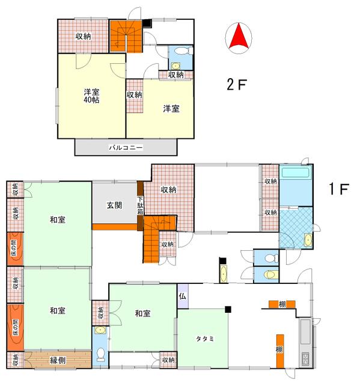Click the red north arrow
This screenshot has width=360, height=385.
pyautogui.click(x=239, y=37)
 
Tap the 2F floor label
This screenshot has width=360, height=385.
pyautogui.click(x=236, y=85)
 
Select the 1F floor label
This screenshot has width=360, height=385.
pyautogui.click(x=339, y=189)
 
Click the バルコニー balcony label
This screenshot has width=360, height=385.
pyautogui.click(x=126, y=147)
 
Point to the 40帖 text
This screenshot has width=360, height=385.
pyautogui.click(x=91, y=100)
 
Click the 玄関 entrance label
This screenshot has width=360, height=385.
pyautogui.click(x=114, y=205)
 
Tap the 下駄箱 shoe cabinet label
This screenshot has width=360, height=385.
pyautogui.click(x=140, y=205)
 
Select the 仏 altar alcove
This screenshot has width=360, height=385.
pyautogui.click(x=183, y=296)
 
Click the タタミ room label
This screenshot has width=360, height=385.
pyautogui.click(x=205, y=339)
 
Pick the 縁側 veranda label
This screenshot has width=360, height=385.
pyautogui.click(x=58, y=360)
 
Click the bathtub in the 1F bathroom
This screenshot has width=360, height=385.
pyautogui.click(x=295, y=173)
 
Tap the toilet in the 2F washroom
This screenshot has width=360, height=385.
pyautogui.click(x=183, y=51)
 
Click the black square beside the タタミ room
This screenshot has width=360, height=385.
pyautogui.click(x=228, y=310)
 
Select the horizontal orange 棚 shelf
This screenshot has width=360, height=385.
pyautogui.click(x=282, y=304)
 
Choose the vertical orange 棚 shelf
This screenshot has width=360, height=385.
pyautogui.click(x=280, y=351)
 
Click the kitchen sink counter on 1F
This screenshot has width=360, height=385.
pyautogui.click(x=306, y=343)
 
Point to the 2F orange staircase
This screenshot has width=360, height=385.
pyautogui.click(x=126, y=36)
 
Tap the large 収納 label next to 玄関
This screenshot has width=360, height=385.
pyautogui.click(x=168, y=189)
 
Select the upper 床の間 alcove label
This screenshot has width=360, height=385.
pyautogui.click(x=14, y=248)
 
